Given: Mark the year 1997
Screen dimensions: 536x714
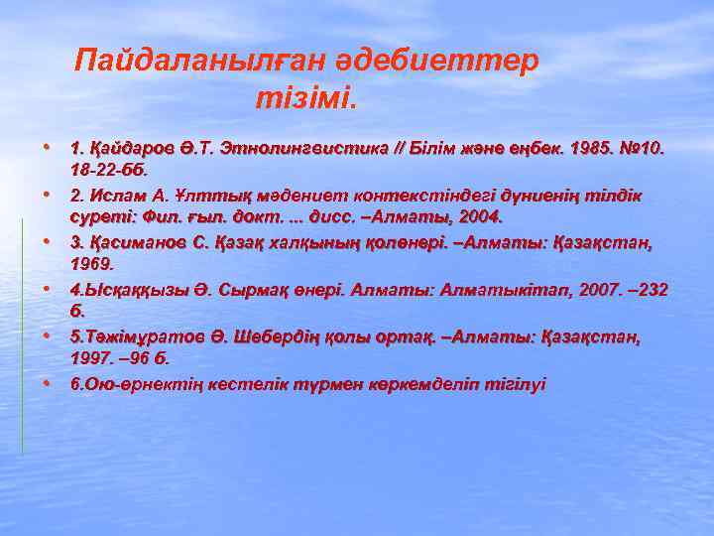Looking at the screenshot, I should pos(90,359).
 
